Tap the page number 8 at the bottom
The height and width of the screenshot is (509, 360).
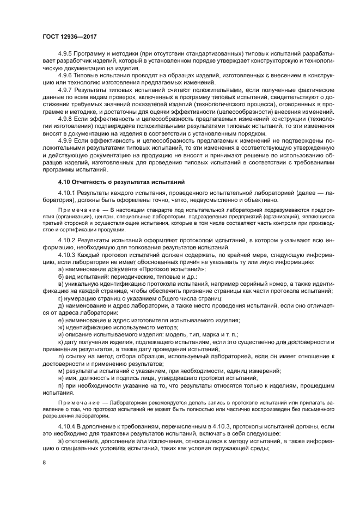click(x=44, y=462)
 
